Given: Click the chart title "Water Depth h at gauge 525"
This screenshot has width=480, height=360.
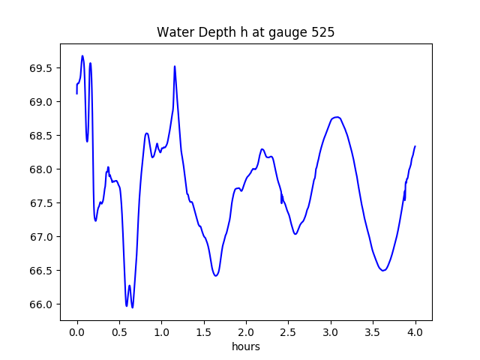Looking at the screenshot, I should pos(245,33).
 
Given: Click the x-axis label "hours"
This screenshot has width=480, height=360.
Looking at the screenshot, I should pos(246,346).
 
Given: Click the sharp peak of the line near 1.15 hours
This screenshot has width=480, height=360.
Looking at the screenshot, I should pos(175,66).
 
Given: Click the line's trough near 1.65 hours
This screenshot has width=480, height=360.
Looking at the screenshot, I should pos(216,276).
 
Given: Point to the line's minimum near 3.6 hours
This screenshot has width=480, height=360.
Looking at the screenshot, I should pos(383,270).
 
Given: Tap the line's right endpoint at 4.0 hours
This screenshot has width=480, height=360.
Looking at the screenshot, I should pos(415,146).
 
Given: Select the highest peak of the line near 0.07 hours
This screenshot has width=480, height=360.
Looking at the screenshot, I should pos(82,55).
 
